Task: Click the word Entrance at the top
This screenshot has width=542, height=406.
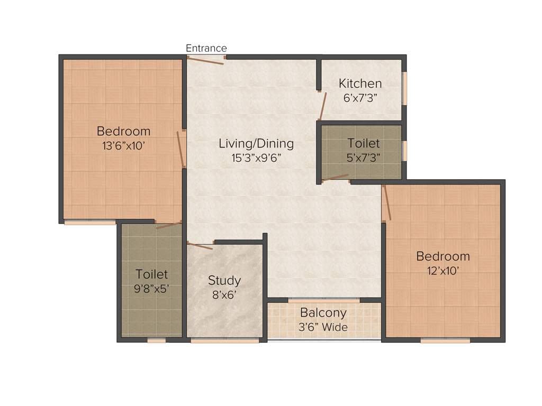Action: click(x=206, y=48)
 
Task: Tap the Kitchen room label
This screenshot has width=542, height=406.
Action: click(x=360, y=84)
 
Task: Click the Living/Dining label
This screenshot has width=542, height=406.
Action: click(x=256, y=143)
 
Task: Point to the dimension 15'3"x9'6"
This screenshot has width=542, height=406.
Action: click(x=256, y=157)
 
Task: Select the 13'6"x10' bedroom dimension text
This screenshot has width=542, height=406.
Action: click(x=123, y=145)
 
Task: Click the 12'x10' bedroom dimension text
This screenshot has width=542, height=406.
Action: click(x=443, y=270)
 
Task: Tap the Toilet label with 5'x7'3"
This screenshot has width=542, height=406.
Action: click(x=363, y=143)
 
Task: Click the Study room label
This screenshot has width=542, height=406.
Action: click(x=224, y=280)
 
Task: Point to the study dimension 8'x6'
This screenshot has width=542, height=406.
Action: click(x=224, y=294)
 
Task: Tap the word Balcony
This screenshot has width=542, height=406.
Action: click(x=323, y=312)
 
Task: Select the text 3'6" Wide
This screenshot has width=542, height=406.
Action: click(x=323, y=327)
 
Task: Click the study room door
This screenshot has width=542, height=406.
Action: click(x=200, y=245)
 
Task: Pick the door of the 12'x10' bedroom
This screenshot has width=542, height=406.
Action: click(x=387, y=202)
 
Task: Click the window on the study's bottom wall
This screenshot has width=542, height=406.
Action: click(x=225, y=341)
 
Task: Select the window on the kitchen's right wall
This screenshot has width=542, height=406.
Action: click(x=405, y=88)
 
